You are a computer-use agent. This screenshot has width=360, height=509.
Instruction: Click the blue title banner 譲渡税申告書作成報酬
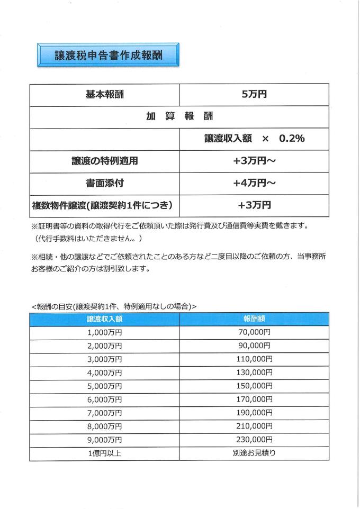[108, 56]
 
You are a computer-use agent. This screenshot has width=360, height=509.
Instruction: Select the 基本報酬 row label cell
[105, 95]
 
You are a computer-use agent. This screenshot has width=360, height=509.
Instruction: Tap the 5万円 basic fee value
[254, 95]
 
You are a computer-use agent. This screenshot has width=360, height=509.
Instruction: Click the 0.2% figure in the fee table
[292, 139]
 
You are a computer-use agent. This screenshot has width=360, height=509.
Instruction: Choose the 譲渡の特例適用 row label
[105, 161]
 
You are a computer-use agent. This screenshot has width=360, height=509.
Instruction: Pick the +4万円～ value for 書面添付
[254, 183]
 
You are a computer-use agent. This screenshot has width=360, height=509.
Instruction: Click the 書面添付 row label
[105, 183]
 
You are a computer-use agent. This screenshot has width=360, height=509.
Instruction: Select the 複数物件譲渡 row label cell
[105, 205]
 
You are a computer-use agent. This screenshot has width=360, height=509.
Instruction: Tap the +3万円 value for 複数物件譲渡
[254, 205]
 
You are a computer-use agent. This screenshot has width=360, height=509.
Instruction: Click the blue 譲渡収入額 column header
[105, 319]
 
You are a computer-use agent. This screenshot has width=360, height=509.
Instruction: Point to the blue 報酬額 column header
[254, 319]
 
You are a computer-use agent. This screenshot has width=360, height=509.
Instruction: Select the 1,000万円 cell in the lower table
[105, 332]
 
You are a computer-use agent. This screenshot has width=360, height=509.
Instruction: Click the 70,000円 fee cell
[254, 332]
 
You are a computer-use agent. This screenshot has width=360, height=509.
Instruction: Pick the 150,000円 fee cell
[254, 386]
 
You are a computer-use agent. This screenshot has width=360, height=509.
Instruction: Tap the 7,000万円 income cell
[105, 413]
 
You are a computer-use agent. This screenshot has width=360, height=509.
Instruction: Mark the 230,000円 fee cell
[254, 440]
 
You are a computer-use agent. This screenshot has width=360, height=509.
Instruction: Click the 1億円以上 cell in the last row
[105, 453]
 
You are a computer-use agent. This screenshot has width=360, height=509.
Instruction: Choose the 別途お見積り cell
[254, 453]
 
